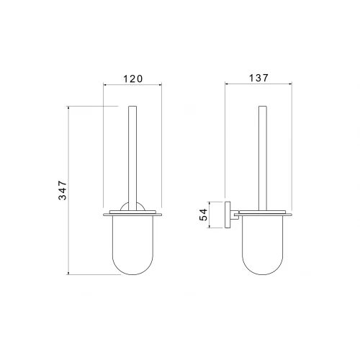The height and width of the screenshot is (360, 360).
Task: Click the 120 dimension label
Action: click(x=133, y=78)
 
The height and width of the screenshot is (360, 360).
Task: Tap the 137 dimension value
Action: click(x=258, y=78)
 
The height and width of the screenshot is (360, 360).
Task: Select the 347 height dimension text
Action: click(x=63, y=190)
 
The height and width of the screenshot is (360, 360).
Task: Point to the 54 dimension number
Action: click(x=203, y=215)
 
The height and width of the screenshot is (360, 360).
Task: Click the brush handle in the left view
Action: click(x=132, y=158)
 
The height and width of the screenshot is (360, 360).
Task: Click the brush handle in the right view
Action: click(x=263, y=158)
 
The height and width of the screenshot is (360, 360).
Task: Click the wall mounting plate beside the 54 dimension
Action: click(x=228, y=215)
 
